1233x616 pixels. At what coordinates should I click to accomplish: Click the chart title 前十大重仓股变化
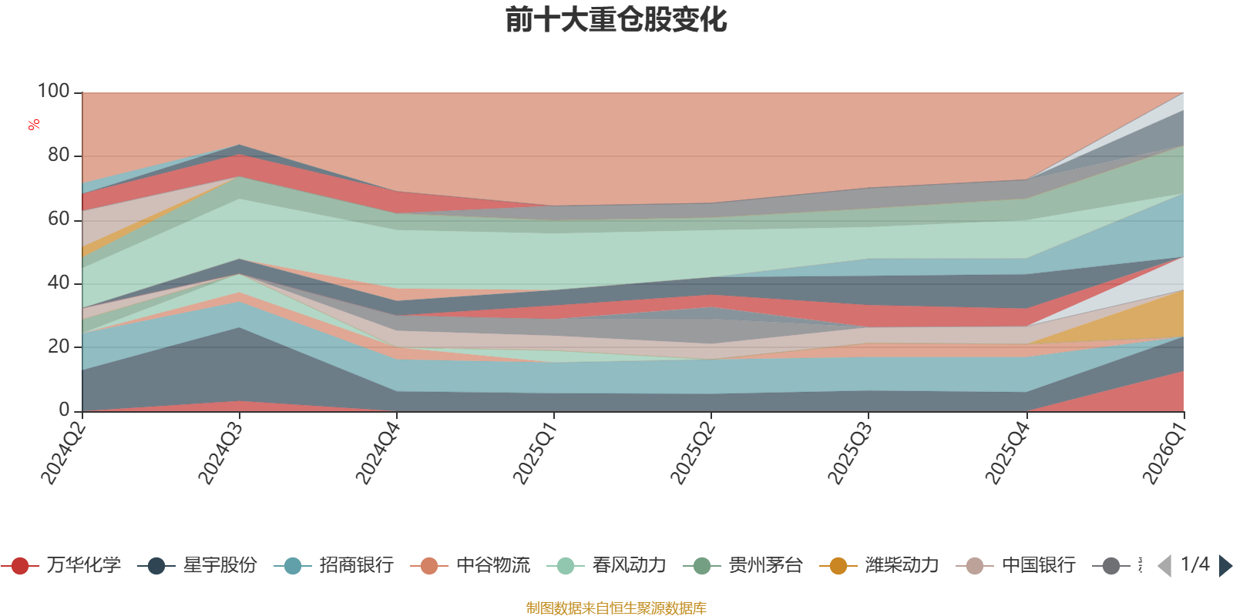[x=616, y=21]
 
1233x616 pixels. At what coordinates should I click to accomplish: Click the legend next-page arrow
[x=1225, y=566]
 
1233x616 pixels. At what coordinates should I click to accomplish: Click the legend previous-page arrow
[x=1164, y=566]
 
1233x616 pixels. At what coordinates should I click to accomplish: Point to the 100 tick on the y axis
[x=54, y=92]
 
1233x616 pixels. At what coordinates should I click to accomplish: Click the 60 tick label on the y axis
[x=59, y=219]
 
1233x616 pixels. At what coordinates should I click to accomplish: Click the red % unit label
[x=34, y=125]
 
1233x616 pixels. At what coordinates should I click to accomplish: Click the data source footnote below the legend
[x=616, y=608]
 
